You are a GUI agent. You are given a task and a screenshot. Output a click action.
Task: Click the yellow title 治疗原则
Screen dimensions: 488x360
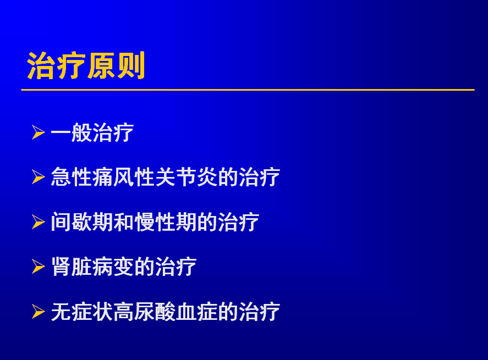click(86, 65)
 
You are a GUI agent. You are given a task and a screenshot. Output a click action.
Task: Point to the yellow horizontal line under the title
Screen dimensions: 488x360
click(248, 90)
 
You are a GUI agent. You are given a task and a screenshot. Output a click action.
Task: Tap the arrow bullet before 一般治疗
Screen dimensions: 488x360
click(39, 132)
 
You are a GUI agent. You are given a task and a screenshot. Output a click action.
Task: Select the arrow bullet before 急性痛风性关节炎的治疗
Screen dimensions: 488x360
click(39, 177)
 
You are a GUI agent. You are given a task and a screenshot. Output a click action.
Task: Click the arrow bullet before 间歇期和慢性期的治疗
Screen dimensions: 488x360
click(39, 222)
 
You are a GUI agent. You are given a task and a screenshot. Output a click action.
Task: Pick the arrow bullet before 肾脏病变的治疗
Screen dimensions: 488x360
click(39, 267)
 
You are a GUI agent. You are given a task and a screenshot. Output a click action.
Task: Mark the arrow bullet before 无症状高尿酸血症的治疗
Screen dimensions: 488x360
click(39, 312)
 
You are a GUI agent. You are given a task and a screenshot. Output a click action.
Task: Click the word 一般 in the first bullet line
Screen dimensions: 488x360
click(72, 132)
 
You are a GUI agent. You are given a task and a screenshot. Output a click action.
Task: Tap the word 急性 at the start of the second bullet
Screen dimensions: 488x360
click(72, 177)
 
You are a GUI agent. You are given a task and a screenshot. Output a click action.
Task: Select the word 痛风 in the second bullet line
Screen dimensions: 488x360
click(113, 177)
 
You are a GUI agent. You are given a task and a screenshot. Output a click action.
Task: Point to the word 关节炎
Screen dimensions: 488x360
click(186, 177)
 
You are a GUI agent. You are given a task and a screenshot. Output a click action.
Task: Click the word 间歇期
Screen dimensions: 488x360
click(82, 222)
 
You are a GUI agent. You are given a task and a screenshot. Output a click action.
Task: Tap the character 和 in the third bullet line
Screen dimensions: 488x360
click(124, 222)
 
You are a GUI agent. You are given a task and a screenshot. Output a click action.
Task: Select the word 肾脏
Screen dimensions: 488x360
click(72, 267)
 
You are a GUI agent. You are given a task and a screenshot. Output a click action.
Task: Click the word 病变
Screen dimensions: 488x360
click(113, 267)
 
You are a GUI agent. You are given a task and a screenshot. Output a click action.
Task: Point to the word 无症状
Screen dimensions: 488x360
click(82, 312)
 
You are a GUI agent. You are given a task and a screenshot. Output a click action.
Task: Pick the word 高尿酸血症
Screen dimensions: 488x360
click(165, 312)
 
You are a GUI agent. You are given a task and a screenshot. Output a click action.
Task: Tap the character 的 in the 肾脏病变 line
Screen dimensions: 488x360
click(144, 267)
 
